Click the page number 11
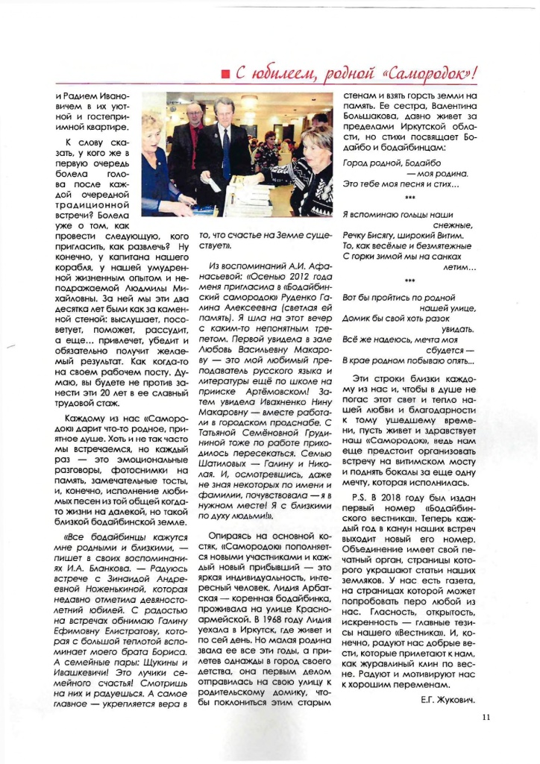(486, 718)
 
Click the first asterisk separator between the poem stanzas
(409, 197)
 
